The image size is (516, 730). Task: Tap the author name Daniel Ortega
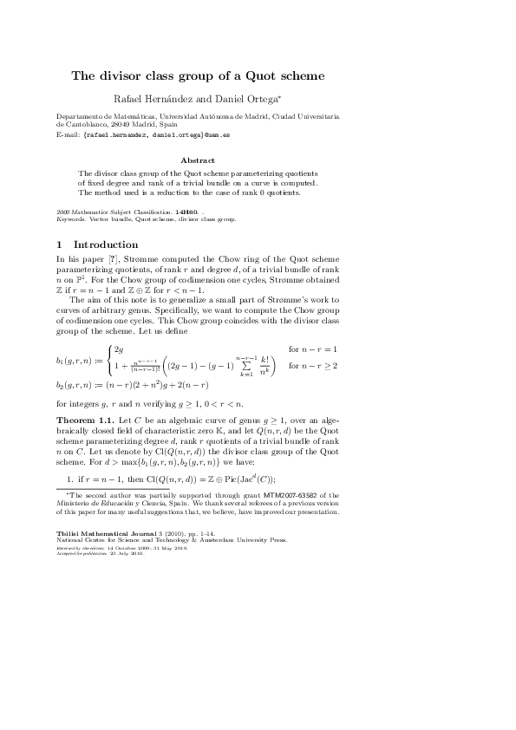click(x=239, y=100)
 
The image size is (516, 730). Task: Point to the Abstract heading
click(x=198, y=160)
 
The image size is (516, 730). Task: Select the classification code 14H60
click(x=186, y=211)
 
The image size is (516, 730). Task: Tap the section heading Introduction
click(x=106, y=244)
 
